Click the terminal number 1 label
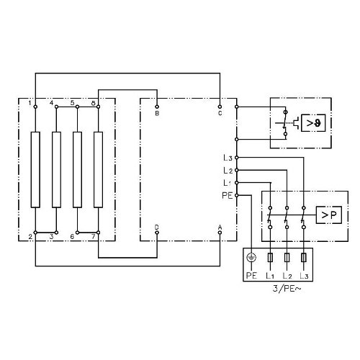(x=30, y=104)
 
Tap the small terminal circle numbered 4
(x=56, y=107)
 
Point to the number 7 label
(x=94, y=237)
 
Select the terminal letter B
(x=157, y=113)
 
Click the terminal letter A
(x=220, y=227)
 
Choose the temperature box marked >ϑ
(x=313, y=123)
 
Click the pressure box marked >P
(x=328, y=215)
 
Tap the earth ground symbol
(x=251, y=258)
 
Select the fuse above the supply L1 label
(x=270, y=258)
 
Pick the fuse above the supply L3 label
(x=304, y=258)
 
